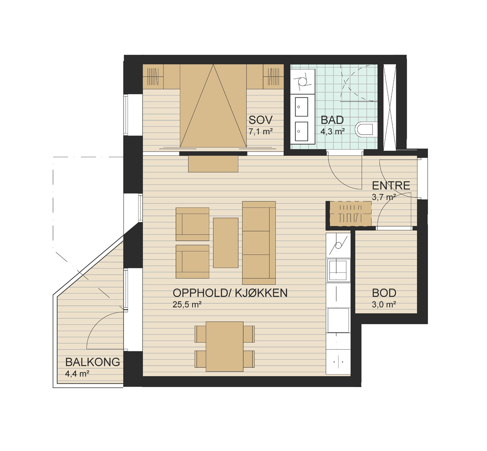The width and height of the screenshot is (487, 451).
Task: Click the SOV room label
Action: coord(260,119)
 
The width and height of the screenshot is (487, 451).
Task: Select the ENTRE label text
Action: coord(391,186)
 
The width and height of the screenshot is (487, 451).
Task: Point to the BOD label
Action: coord(384,293)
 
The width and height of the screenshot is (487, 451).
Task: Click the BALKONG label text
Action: coord(92,362)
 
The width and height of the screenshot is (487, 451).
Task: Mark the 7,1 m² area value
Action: coord(260,132)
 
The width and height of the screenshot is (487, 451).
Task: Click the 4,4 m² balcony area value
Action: coord(77,374)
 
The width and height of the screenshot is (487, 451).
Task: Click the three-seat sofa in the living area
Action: coord(259,243)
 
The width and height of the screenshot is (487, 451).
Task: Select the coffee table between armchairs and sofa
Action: coord(226,243)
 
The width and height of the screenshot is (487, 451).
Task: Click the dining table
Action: coord(224,346)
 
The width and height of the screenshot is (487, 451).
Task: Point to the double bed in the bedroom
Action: coord(213,106)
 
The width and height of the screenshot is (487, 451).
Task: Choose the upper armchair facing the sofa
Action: coord(192,224)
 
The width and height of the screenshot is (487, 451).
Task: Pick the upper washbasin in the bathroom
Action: coord(300,106)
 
